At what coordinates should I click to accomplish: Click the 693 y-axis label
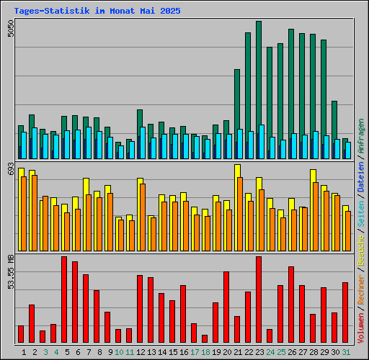coord(9,169)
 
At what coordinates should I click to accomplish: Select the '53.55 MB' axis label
coord(9,272)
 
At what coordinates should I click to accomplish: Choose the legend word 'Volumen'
coord(360,328)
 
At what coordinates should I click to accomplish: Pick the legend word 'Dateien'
coord(360,177)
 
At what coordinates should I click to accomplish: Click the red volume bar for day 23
coord(259,300)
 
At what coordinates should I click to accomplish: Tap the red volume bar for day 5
coord(64,300)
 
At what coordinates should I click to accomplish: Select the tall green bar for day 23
coord(258,72)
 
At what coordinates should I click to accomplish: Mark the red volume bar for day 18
coord(205,339)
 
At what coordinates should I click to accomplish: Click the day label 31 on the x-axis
coord(346,351)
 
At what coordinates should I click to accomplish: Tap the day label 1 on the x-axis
coord(25,351)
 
